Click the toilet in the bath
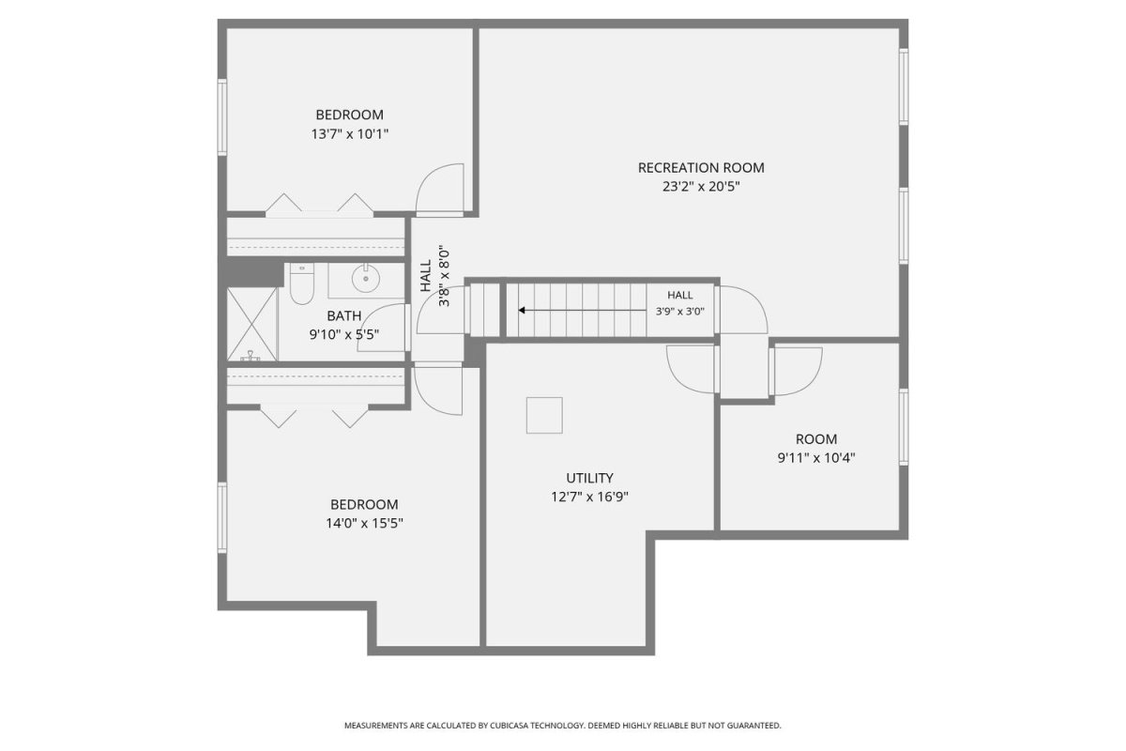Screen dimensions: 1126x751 301,284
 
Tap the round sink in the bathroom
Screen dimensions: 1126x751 365,278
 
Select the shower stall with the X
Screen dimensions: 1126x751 251,324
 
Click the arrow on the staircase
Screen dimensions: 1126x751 582,311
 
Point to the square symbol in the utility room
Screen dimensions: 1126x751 544,415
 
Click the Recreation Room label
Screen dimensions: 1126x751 701,167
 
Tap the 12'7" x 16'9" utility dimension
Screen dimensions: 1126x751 589,497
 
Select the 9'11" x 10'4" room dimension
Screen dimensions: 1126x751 816,458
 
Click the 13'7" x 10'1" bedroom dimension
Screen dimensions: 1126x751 350,134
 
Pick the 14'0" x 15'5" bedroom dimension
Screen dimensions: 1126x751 364,524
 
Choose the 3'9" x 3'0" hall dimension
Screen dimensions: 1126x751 680,312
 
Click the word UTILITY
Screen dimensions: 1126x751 589,478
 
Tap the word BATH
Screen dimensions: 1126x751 344,316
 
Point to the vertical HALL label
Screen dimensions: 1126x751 426,276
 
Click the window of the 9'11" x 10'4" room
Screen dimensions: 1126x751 904,426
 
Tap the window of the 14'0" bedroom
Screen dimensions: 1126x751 222,517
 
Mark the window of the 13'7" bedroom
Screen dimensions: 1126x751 222,116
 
